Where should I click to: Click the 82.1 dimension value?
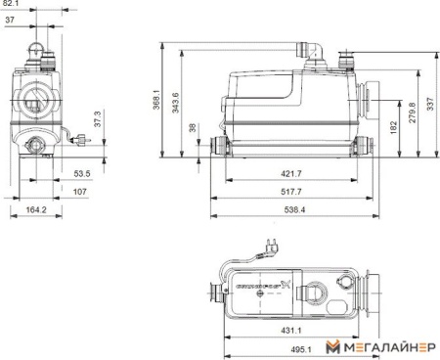[11, 4]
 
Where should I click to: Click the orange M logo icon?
[333, 346]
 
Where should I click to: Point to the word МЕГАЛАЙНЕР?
[388, 347]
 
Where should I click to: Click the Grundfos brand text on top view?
[258, 287]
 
